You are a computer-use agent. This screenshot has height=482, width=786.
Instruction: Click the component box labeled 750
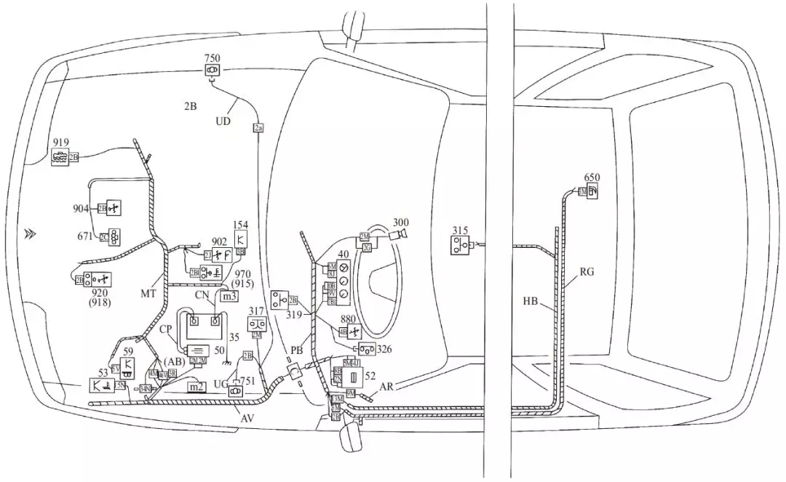(x=213, y=70)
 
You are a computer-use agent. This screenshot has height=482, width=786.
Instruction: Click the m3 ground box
(x=230, y=296)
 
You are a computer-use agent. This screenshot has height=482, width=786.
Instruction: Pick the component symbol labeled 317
(x=256, y=324)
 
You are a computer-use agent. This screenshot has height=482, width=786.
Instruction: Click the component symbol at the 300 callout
(x=398, y=234)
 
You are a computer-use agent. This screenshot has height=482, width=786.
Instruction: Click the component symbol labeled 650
(x=592, y=191)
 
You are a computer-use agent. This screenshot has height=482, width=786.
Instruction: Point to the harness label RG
(x=587, y=273)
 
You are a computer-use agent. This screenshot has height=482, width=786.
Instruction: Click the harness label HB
(x=531, y=300)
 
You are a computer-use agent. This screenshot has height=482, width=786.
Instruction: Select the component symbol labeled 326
(x=366, y=350)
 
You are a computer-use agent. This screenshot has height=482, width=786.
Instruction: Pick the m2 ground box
(x=196, y=387)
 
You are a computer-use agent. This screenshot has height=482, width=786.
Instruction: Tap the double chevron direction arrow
(x=29, y=233)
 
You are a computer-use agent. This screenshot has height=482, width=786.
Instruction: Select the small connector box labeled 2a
(x=258, y=128)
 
